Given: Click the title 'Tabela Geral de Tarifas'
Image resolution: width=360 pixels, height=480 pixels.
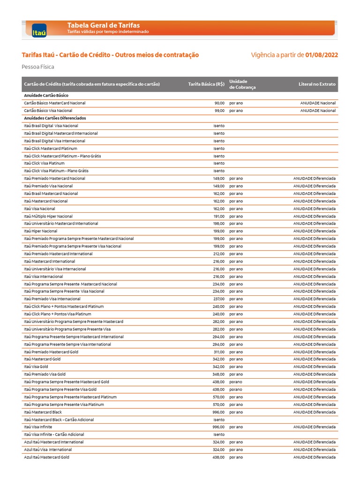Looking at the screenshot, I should [x=104, y=25].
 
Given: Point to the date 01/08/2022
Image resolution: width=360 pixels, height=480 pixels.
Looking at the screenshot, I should [x=322, y=55].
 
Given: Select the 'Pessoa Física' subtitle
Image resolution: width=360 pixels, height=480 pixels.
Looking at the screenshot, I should [x=38, y=67].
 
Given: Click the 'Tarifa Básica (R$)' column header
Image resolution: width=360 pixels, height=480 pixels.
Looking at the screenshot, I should [x=206, y=84].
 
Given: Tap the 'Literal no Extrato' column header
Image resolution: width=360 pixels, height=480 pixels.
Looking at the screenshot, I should [x=317, y=84].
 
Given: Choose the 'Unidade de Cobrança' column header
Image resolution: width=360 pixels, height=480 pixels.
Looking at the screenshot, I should [x=242, y=84].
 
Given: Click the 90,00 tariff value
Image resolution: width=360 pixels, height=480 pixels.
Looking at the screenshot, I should [x=219, y=103].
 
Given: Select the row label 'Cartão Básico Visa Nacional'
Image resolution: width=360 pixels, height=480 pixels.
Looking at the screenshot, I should [x=48, y=111].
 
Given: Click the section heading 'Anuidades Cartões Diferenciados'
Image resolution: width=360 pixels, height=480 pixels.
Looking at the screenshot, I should [x=55, y=118].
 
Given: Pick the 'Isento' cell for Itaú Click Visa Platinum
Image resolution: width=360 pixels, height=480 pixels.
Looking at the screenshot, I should [x=219, y=164].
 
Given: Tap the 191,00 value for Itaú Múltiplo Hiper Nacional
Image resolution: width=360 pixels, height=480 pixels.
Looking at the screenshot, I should [x=219, y=216].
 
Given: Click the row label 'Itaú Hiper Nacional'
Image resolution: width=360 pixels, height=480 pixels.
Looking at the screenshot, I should [x=40, y=231].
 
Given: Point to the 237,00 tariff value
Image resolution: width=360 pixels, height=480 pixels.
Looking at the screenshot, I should [x=219, y=299].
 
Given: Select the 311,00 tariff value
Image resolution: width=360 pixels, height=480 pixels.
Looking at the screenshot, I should [x=219, y=352].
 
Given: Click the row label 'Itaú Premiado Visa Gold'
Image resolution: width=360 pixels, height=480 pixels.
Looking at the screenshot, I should [x=45, y=375].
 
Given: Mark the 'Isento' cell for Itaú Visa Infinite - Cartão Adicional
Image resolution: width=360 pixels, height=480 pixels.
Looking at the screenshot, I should [x=219, y=435].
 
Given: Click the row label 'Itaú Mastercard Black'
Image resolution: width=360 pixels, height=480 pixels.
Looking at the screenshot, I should [x=43, y=412].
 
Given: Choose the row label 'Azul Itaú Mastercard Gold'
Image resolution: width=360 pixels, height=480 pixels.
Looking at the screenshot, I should [x=46, y=457].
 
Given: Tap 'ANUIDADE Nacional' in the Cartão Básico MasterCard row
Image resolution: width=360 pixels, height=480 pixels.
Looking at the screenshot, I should [x=318, y=103].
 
